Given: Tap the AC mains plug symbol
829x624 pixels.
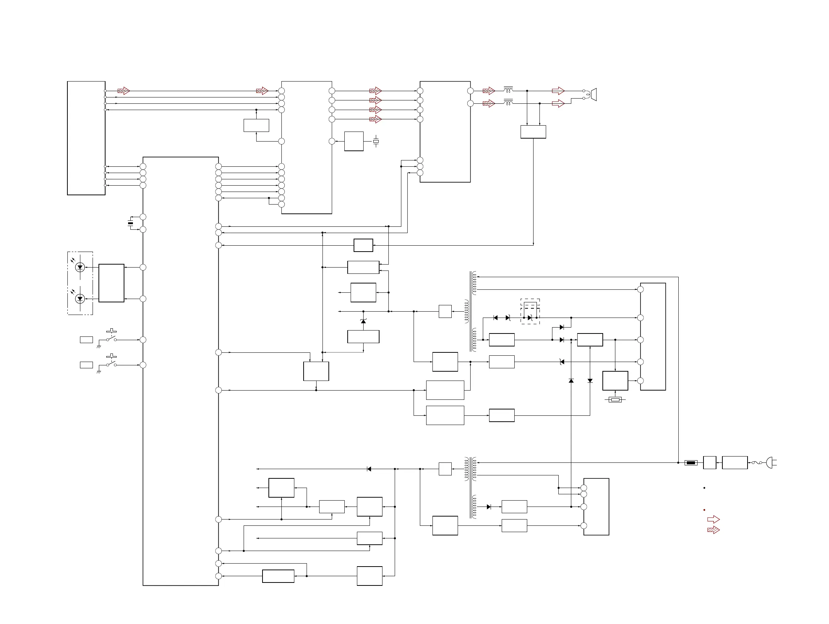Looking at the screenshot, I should (771, 463).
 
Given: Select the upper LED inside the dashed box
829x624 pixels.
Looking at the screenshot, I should (80, 267).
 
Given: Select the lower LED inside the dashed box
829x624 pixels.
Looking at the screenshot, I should (80, 299).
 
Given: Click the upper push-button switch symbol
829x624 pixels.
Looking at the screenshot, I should (111, 336).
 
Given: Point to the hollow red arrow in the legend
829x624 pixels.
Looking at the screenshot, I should (713, 520).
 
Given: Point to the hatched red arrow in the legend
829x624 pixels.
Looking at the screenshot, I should (713, 530).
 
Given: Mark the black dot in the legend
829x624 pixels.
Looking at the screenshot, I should (704, 488).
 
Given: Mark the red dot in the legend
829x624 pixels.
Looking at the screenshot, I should (704, 510).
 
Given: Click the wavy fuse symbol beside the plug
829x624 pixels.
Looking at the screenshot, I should (757, 463).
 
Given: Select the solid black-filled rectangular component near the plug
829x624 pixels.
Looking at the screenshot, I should (691, 463).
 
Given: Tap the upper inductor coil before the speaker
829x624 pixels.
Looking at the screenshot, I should (508, 90).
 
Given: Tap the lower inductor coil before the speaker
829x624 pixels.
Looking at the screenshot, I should (508, 102).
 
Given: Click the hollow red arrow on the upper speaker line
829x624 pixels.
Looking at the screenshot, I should (558, 91).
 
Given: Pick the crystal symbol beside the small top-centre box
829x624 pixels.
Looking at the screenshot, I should (376, 142).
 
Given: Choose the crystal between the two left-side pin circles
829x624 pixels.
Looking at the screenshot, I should (130, 223).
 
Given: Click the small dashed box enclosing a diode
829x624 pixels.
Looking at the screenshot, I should (530, 312).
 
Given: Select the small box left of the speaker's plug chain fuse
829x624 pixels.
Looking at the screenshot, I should (709, 463).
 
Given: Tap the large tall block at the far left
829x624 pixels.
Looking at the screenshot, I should (86, 138).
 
